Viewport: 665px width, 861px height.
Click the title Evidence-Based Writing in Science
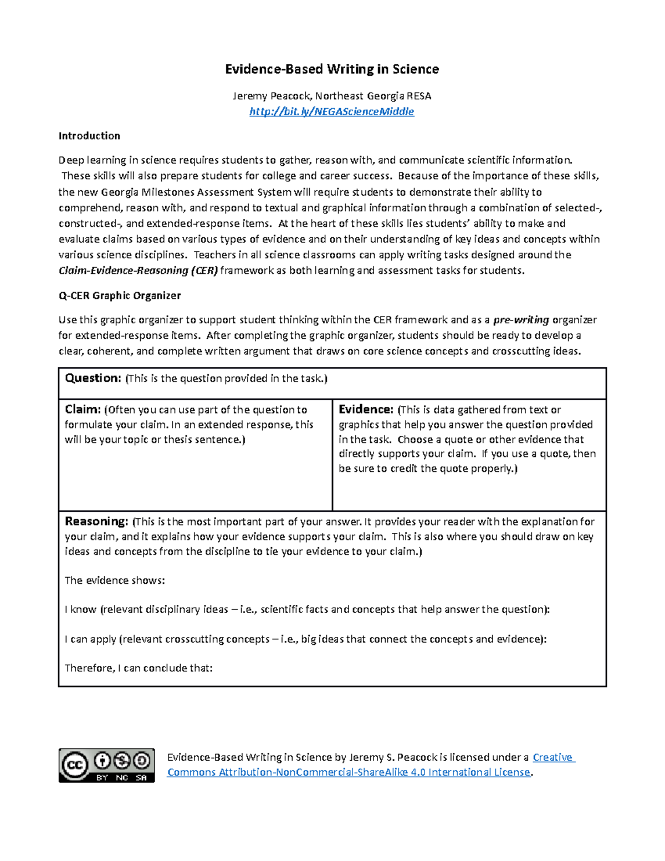tap(331, 69)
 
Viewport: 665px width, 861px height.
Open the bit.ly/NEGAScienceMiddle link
tap(331, 111)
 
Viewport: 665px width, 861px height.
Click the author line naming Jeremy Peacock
tap(331, 96)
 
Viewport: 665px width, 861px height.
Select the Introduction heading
tap(89, 136)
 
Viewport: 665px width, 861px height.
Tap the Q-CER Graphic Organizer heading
tap(120, 296)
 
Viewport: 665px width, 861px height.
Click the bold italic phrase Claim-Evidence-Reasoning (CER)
tap(139, 271)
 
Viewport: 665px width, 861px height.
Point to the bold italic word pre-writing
tap(521, 320)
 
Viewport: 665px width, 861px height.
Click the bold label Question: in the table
tap(93, 378)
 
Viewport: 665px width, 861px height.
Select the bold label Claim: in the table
tap(83, 410)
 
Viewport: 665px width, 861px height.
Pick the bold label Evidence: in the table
tap(366, 410)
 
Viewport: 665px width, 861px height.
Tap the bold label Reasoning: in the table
tap(96, 522)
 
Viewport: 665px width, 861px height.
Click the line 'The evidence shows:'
tap(115, 580)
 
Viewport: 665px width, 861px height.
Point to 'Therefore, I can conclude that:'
tap(139, 668)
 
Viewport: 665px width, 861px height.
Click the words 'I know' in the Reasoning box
tap(80, 610)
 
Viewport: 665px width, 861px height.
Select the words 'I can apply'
tap(90, 639)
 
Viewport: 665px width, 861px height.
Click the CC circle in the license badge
tap(75, 766)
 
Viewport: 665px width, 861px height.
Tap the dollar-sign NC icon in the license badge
tap(122, 760)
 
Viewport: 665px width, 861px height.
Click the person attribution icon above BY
tap(102, 760)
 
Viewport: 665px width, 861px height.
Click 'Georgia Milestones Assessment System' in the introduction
tap(197, 192)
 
